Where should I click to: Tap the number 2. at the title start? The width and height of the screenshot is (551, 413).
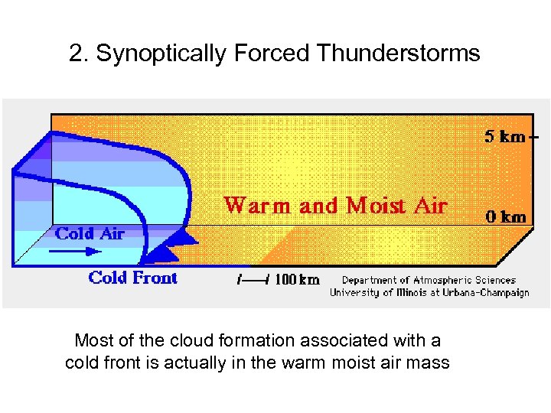pos(77,54)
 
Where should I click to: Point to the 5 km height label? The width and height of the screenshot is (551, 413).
pos(505,137)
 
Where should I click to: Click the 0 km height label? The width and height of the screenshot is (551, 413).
pos(507,216)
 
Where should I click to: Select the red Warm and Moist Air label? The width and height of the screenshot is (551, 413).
pos(335,206)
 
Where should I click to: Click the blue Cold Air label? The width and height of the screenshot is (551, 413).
pos(90,233)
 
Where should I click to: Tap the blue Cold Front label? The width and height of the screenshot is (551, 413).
pos(133,278)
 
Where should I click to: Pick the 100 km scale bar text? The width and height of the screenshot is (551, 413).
pos(297,280)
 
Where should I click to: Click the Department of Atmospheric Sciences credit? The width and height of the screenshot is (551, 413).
pos(429,281)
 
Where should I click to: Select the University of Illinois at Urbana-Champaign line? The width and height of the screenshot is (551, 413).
pos(429,292)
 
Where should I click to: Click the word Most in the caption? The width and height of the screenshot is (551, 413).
pos(92,340)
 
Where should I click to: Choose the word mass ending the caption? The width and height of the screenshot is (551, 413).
pos(429,362)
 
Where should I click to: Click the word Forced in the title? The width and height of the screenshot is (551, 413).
pos(274,54)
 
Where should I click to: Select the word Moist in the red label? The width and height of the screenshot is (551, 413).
pos(375,206)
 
